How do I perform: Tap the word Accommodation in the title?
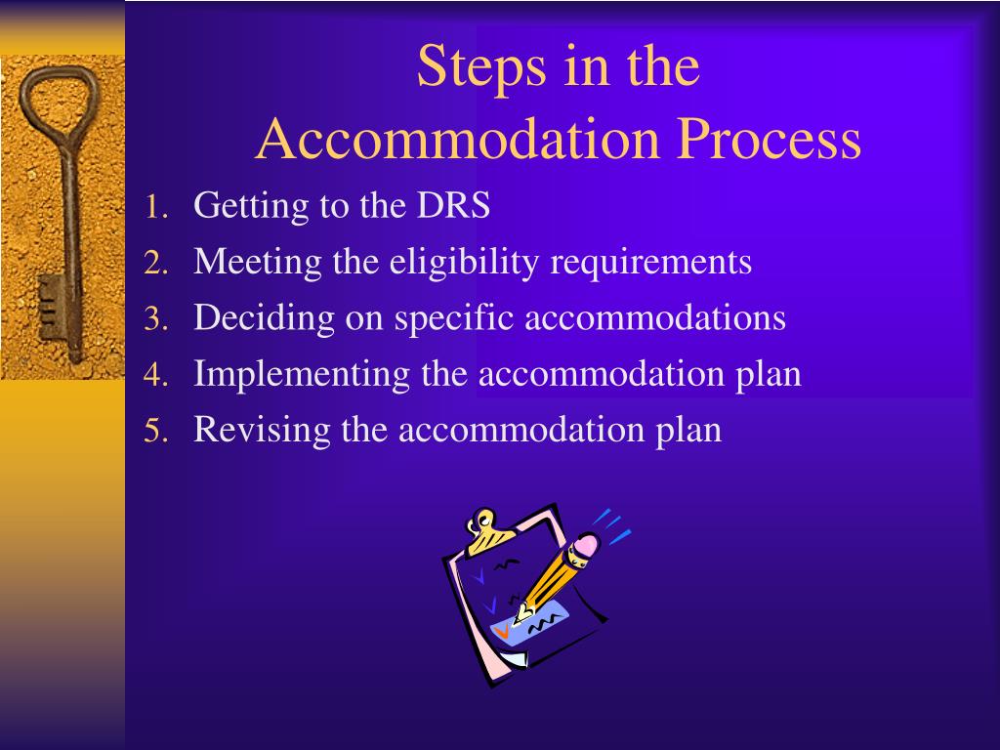(x=459, y=139)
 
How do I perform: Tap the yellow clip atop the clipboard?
(x=484, y=528)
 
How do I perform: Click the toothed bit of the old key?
(x=50, y=308)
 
